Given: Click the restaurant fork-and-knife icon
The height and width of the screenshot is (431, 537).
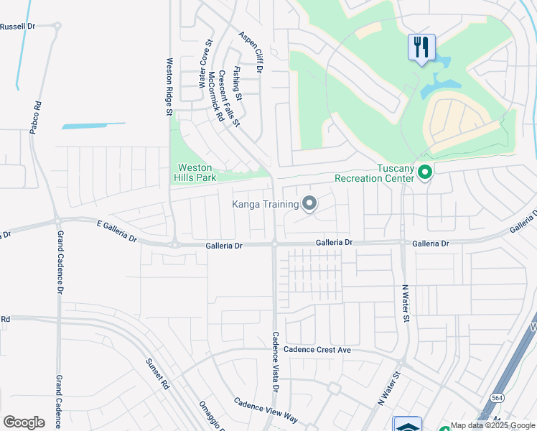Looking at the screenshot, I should [x=421, y=47].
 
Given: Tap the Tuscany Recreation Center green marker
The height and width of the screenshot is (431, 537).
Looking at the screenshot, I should [x=424, y=172].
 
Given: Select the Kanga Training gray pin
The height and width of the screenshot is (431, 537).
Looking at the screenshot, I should [x=309, y=205].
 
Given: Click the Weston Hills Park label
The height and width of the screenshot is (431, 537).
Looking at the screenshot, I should [x=194, y=172].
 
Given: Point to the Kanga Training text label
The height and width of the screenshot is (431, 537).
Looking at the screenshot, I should [x=265, y=205].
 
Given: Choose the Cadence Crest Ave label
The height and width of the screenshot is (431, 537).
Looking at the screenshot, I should [x=317, y=349].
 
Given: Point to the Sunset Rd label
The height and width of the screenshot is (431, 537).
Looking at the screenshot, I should [x=157, y=374].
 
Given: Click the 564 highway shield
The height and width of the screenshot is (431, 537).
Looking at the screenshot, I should [x=498, y=397].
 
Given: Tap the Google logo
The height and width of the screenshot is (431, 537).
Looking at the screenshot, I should [x=24, y=422].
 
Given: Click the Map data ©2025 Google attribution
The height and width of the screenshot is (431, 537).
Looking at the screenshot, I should [x=493, y=426].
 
